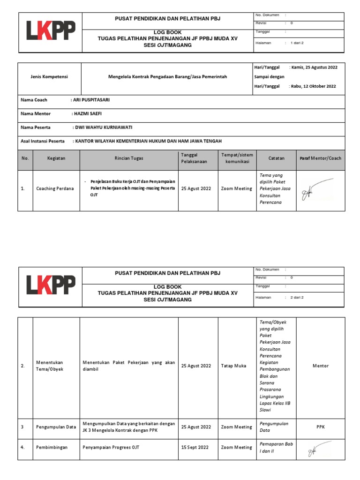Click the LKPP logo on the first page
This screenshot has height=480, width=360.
[50, 31]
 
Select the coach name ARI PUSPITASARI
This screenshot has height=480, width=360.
[92, 100]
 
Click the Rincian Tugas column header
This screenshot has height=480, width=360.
[129, 158]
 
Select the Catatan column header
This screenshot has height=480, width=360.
[277, 158]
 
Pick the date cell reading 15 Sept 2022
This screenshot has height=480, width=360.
[195, 448]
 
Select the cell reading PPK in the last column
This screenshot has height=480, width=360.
[321, 427]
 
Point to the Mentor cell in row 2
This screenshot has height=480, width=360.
[321, 366]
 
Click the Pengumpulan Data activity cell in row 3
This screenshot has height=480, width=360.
[56, 427]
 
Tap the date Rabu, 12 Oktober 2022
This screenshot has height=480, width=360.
[313, 86]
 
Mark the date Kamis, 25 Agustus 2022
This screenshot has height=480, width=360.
[314, 67]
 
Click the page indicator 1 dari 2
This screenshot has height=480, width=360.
[297, 43]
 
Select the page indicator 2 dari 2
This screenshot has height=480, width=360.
[297, 297]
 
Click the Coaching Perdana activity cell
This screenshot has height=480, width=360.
[55, 189]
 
